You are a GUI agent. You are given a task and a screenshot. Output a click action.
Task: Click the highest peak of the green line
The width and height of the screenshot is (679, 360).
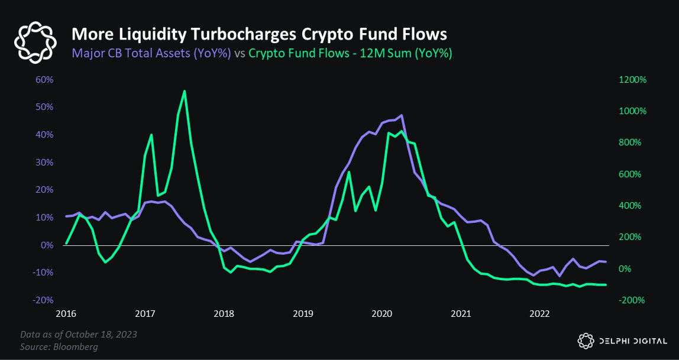pos(185,91)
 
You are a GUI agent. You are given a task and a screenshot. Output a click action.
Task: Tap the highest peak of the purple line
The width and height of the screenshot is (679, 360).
pos(402,115)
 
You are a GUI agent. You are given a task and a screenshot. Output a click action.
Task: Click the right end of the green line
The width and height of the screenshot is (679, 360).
pos(606,285)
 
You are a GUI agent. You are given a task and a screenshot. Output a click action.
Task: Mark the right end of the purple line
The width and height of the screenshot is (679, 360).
pos(606,262)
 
